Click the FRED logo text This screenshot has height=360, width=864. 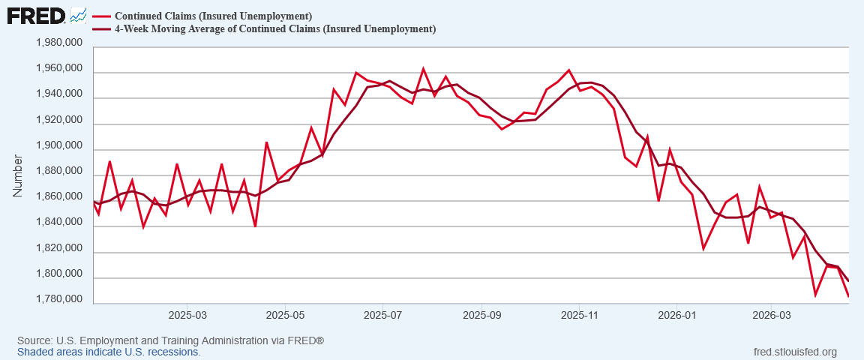click(x=37, y=16)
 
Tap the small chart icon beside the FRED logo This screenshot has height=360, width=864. click(x=78, y=16)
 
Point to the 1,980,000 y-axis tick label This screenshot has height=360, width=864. click(x=59, y=43)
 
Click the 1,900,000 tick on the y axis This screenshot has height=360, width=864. click(x=59, y=146)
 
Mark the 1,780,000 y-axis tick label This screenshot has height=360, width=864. click(x=59, y=300)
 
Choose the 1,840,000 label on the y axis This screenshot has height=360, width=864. click(x=59, y=223)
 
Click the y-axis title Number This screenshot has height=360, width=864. click(x=18, y=175)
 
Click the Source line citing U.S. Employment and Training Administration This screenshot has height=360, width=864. click(x=171, y=340)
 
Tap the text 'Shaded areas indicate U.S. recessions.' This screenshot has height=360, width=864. click(x=109, y=352)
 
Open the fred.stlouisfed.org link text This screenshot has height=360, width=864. click(x=794, y=352)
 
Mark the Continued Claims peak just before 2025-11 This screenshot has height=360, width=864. click(x=568, y=70)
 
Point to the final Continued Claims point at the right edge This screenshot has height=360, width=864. click(x=863, y=296)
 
